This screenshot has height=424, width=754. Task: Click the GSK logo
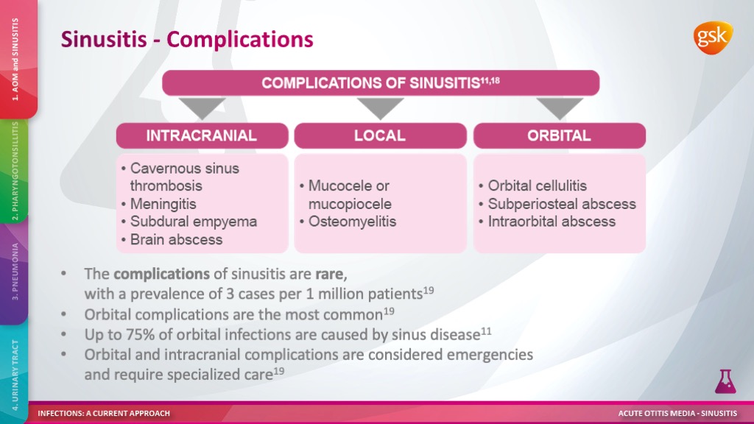[x=712, y=38]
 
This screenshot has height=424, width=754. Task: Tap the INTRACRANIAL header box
[x=201, y=135]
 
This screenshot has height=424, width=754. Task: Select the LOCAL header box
[x=380, y=135]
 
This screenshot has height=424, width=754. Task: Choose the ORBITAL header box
[x=559, y=135]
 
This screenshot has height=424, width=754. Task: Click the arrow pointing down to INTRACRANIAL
[x=201, y=108]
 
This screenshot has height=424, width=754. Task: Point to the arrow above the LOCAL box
[x=380, y=108]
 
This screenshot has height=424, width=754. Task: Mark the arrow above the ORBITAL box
[x=559, y=108]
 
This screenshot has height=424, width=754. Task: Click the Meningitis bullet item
[x=163, y=204]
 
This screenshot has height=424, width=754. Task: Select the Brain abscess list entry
[x=176, y=239]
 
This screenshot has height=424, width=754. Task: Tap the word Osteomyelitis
[x=352, y=222]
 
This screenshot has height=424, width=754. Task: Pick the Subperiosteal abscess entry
[x=561, y=204]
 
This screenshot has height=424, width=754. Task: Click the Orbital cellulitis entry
[x=537, y=186]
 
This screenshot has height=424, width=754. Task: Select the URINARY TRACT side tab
[x=15, y=371]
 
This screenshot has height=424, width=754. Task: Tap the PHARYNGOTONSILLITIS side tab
[x=15, y=171]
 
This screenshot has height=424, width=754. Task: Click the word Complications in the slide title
[x=240, y=38]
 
